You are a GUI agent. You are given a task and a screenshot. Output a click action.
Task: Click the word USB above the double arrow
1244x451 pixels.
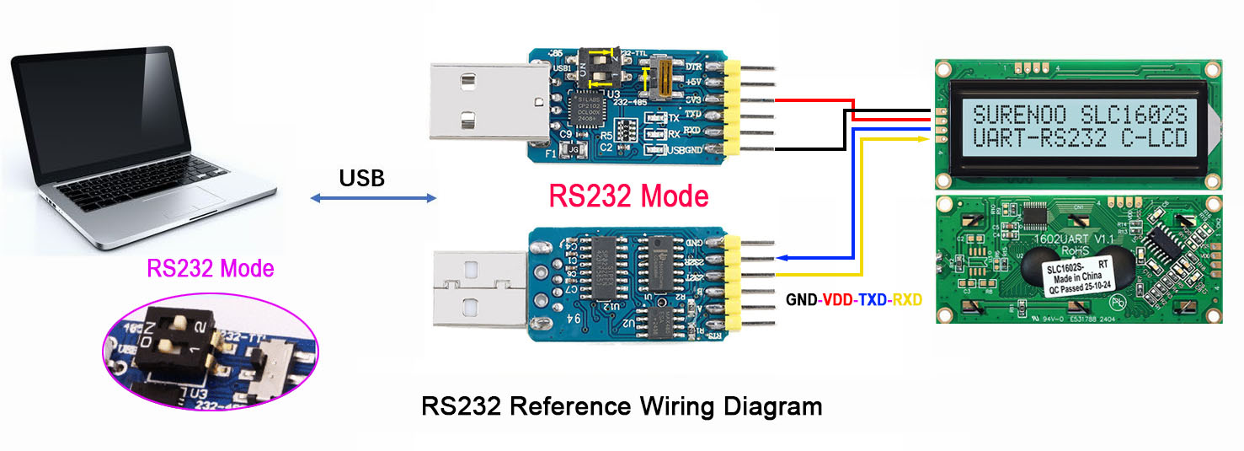[361, 178]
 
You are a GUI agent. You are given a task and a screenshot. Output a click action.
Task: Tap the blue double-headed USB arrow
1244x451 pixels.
[374, 199]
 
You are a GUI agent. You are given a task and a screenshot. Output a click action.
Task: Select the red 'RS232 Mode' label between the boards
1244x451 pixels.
[628, 196]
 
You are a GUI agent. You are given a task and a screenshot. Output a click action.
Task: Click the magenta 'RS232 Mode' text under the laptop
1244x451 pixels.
[211, 269]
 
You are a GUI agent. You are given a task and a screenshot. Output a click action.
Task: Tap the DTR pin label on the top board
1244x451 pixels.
[694, 66]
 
